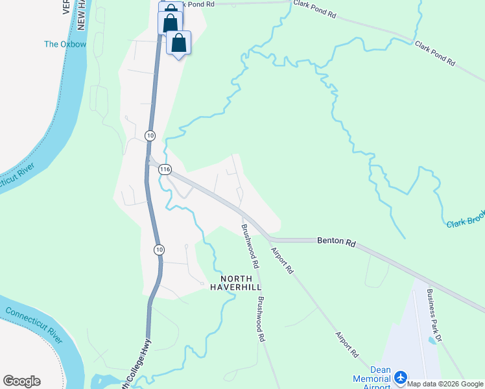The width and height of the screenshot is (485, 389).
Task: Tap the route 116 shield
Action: click(165, 169)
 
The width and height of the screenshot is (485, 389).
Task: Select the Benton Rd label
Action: click(337, 242)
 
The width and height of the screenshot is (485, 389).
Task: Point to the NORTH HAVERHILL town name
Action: click(236, 283)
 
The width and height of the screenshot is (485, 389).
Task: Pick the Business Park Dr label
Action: click(434, 315)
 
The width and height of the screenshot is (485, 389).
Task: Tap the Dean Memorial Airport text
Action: click(372, 379)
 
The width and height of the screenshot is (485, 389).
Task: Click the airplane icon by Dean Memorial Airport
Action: click(401, 377)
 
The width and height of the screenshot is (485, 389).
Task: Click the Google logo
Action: click(21, 381)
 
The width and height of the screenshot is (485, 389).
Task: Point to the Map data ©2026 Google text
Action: click(445, 384)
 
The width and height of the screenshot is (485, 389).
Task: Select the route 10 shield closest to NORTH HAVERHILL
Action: click(159, 249)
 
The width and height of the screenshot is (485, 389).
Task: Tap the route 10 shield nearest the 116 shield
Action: click(150, 135)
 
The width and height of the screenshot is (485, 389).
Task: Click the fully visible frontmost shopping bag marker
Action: click(179, 43)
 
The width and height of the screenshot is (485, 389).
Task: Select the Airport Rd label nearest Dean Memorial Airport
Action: click(348, 345)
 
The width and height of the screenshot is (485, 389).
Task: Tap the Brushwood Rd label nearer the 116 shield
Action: click(250, 246)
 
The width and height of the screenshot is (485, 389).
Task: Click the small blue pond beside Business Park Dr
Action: click(432, 340)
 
